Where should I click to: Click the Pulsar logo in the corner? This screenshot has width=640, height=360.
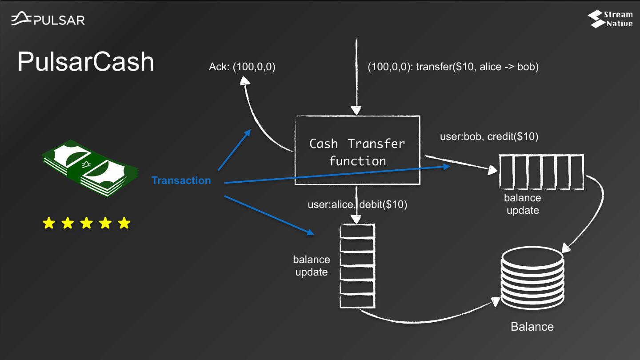(48, 19)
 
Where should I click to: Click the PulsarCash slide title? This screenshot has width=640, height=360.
(86, 62)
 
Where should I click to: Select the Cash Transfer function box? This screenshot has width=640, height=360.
(357, 150)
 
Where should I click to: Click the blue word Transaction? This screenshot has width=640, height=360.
(181, 180)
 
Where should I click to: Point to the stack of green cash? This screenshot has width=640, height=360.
(90, 168)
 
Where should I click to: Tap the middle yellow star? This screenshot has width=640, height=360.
(86, 223)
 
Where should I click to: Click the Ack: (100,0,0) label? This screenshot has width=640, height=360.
(242, 67)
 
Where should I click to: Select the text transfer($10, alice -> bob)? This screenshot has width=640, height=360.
(477, 67)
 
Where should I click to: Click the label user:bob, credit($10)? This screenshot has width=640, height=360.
(489, 136)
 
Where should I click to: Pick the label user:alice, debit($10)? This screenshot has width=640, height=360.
(357, 204)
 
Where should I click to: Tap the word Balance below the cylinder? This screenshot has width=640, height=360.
(532, 327)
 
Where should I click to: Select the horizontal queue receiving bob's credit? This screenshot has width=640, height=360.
(541, 172)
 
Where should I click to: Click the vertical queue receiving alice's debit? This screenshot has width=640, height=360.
(357, 266)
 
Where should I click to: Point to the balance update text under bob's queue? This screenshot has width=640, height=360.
(523, 204)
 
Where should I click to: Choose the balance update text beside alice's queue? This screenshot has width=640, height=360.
(311, 265)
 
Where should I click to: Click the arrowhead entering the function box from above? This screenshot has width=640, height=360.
(356, 110)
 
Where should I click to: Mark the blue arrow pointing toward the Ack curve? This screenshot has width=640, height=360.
(234, 150)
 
